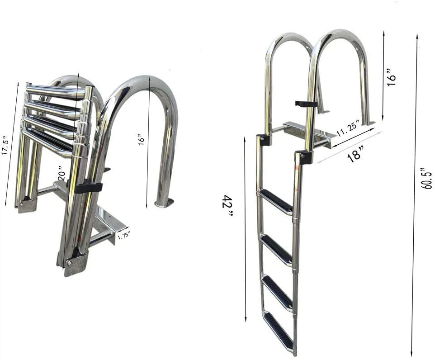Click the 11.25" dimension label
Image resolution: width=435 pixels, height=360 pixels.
[348, 128]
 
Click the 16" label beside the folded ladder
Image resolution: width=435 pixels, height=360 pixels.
[141, 139]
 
